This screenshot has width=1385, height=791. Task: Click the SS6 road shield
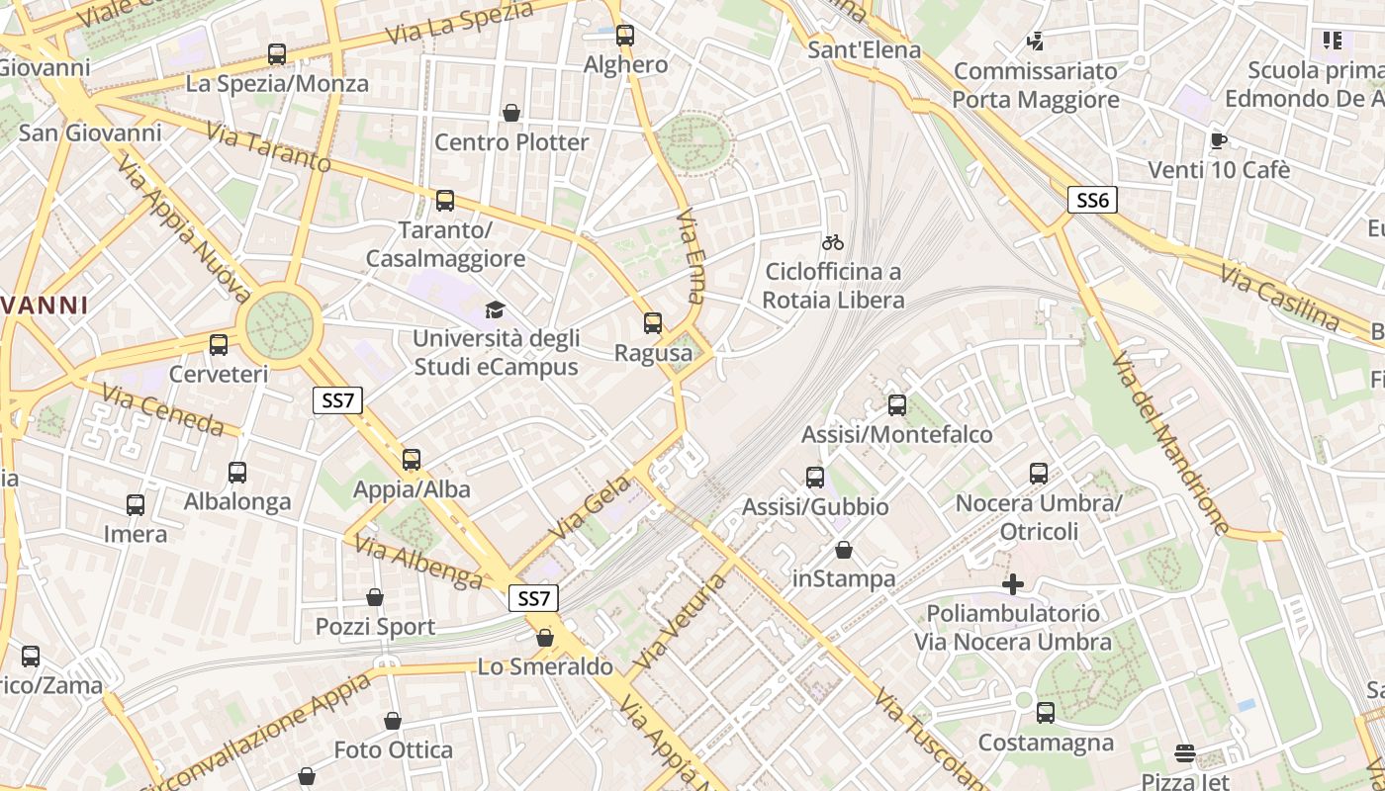pos(1092,201)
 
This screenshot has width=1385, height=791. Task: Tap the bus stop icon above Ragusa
pos(653,322)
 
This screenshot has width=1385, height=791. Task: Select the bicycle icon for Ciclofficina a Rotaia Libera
pos(833,242)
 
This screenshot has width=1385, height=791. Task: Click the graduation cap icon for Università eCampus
pos(495,309)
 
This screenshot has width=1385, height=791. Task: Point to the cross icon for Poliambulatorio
pos(1013,584)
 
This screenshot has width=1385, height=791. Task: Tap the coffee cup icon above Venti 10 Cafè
pos(1219,140)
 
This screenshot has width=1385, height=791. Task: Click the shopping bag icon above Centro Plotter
pos(511,113)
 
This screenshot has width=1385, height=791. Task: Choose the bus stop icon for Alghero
pos(625,36)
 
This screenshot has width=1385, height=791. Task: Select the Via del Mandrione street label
pos(1169,443)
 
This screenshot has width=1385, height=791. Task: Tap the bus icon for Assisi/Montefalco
pos(897,404)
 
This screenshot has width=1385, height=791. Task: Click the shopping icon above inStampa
pos(844,550)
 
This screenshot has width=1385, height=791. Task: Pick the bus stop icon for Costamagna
pos(1046,713)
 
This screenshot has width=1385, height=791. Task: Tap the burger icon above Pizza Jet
pos(1185,754)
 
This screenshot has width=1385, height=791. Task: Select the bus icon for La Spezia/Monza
pos(277,54)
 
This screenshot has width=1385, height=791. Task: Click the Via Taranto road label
pos(268,147)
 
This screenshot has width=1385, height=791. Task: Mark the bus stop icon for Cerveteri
pos(219,345)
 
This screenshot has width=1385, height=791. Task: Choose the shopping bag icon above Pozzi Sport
pos(375,597)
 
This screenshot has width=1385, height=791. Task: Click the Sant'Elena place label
pos(865,49)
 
